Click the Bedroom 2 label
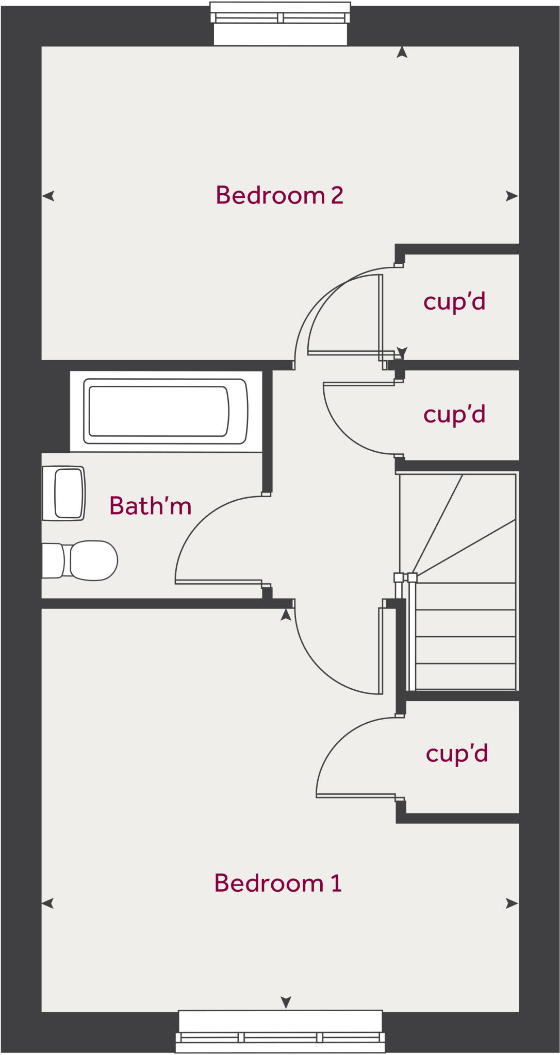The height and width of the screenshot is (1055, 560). click(x=279, y=195)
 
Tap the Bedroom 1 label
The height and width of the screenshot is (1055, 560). click(x=278, y=883)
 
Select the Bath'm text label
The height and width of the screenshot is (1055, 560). click(x=151, y=505)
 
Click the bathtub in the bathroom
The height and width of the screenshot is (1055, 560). click(x=166, y=412)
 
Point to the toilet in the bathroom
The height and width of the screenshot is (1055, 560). click(x=80, y=560)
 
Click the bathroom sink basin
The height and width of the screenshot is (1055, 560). click(x=63, y=493)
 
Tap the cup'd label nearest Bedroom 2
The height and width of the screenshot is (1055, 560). click(x=454, y=302)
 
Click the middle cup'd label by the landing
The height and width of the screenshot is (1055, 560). click(x=454, y=415)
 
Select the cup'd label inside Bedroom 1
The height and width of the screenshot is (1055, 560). click(x=457, y=754)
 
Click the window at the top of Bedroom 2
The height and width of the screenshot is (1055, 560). click(x=281, y=23)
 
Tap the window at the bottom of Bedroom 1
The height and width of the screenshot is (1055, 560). click(x=281, y=1031)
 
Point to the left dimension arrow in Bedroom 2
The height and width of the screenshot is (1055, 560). click(x=48, y=196)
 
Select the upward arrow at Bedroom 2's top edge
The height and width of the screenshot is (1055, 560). click(x=402, y=52)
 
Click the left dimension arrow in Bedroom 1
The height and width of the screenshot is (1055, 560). click(x=48, y=903)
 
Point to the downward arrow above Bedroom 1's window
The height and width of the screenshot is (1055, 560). click(x=286, y=1002)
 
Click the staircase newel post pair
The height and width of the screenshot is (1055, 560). click(x=405, y=577)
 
